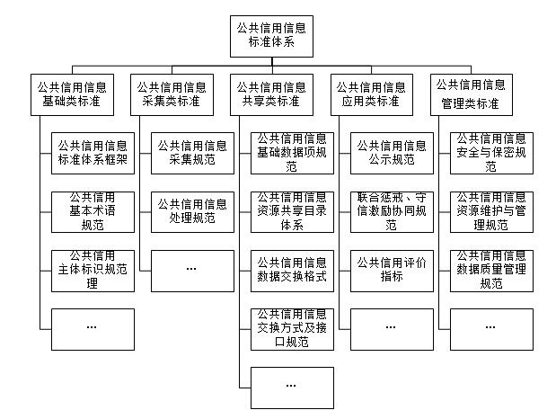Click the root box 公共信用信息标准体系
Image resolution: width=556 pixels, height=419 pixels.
(x=271, y=36)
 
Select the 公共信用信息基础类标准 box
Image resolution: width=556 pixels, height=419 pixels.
(x=73, y=94)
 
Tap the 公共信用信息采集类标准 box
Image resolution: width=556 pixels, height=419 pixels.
(x=172, y=94)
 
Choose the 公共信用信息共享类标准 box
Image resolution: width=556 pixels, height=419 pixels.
(x=271, y=94)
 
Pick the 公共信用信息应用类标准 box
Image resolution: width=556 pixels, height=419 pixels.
(x=372, y=94)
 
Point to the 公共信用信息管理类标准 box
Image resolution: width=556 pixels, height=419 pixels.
(x=472, y=94)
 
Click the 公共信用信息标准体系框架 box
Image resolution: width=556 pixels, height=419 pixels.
(x=93, y=154)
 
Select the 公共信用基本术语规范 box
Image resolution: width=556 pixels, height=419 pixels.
(x=93, y=212)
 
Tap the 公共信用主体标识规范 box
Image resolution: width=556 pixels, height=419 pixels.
(x=93, y=271)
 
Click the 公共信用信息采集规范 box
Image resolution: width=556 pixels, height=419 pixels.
(x=192, y=154)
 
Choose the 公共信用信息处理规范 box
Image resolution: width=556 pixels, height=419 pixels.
(x=192, y=212)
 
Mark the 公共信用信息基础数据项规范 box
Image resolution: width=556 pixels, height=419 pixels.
(x=292, y=154)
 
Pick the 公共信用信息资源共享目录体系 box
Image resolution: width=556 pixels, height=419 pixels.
(x=292, y=212)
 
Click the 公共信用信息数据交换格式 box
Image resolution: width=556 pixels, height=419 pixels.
(x=292, y=271)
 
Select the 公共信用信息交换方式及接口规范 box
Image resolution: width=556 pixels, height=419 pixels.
(x=292, y=329)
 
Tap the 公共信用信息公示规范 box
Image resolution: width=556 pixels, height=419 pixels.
(x=393, y=154)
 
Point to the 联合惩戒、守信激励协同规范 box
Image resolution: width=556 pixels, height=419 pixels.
(x=393, y=212)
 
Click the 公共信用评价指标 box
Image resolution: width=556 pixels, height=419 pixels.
(x=393, y=271)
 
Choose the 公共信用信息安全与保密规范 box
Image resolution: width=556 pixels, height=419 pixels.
(x=492, y=154)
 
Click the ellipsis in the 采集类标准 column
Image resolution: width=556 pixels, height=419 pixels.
(x=191, y=269)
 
